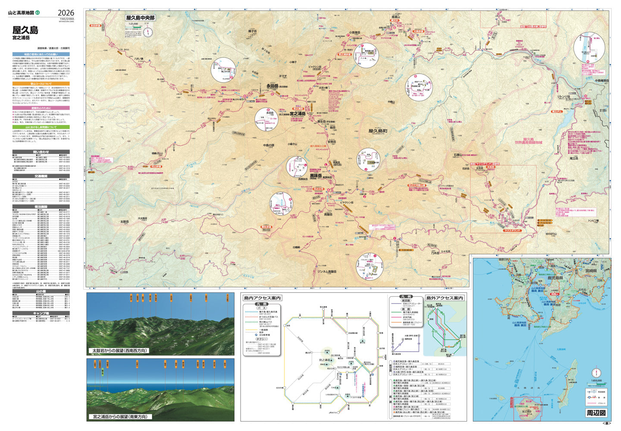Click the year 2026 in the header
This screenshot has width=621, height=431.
66,13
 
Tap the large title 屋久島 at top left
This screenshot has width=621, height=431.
25,30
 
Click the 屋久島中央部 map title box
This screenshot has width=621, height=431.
140,18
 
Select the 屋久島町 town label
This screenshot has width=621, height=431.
378,131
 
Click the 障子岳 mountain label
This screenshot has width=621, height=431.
253,31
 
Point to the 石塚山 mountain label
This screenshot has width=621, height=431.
458,155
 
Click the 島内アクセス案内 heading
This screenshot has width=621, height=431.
262,298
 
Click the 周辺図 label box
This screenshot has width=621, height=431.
596,412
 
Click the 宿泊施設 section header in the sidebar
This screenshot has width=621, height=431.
41,207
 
